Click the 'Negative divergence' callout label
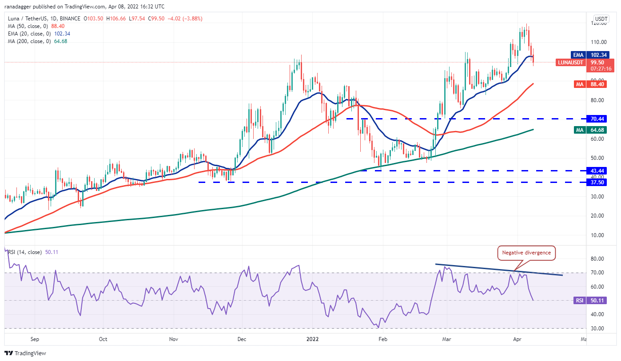click(x=526, y=253)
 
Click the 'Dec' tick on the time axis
click(x=242, y=339)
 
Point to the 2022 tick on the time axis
click(x=312, y=339)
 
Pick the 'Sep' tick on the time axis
click(x=35, y=339)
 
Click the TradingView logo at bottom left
click(x=25, y=353)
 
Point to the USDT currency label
click(x=601, y=19)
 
